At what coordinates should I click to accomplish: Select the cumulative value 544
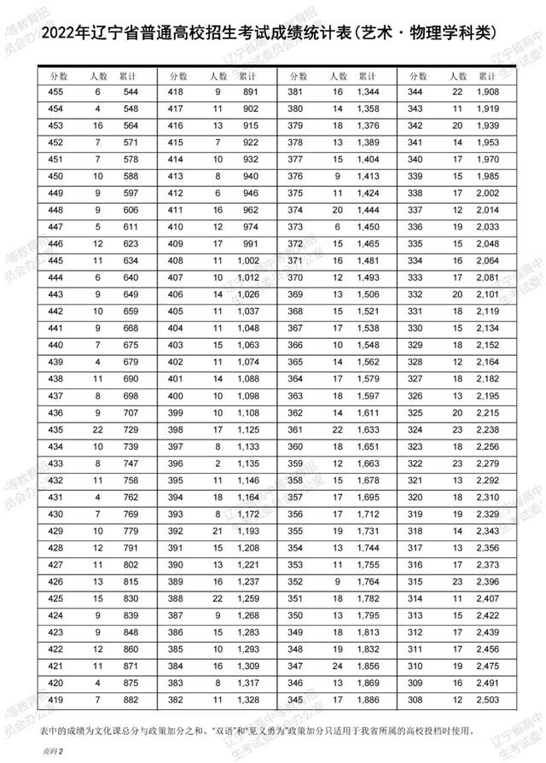tap(131, 91)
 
